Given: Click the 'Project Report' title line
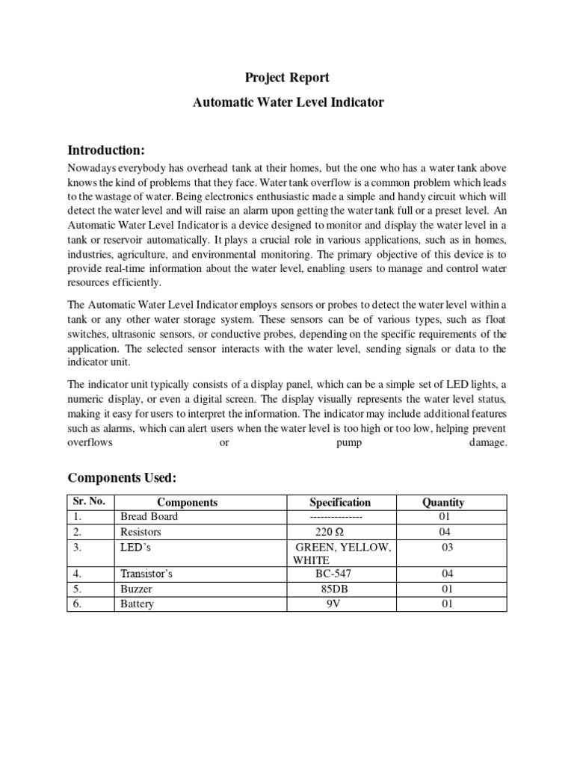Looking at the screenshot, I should point(288,78).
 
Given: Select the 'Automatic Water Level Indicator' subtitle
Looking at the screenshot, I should point(288,102).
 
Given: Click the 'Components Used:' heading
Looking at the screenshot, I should point(122,477).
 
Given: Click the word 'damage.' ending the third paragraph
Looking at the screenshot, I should point(488,443).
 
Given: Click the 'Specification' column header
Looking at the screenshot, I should point(340,502).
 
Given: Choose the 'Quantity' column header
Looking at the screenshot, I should point(443,502).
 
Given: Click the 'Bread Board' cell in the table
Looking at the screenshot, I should point(149,517).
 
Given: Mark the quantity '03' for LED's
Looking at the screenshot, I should point(446,548).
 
